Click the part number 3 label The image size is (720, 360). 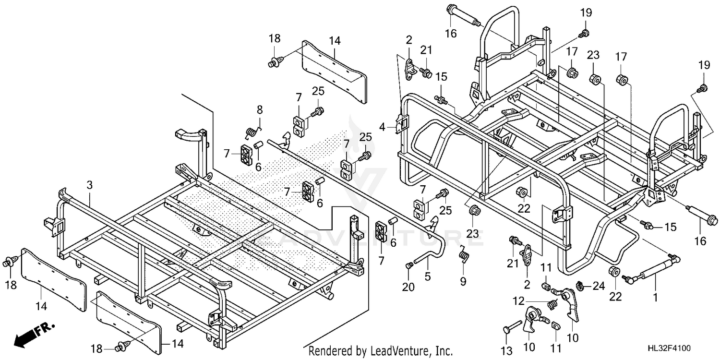89,184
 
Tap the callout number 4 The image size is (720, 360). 382,127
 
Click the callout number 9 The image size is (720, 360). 463,282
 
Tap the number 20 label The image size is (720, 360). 408,287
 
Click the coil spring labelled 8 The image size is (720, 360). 251,132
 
